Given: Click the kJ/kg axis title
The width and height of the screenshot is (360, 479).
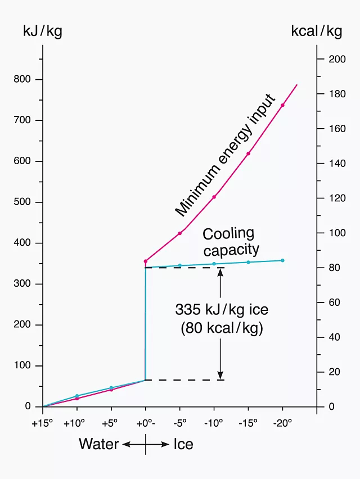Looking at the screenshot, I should click(x=42, y=31).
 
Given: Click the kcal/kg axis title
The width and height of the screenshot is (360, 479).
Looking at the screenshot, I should click(x=316, y=31).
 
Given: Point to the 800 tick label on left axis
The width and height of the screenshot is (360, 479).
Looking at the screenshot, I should click(x=24, y=79).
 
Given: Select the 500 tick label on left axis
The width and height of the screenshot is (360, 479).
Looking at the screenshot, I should click(x=24, y=202).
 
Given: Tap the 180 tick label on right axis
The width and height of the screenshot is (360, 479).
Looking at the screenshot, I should click(x=334, y=94).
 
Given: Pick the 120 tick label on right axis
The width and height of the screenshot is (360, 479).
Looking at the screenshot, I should click(x=334, y=198).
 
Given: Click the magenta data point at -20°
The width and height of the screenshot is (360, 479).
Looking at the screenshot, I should click(x=282, y=105).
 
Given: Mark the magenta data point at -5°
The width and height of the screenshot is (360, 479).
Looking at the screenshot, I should click(x=180, y=233).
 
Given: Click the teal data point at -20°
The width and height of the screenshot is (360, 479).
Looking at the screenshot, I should click(x=282, y=260).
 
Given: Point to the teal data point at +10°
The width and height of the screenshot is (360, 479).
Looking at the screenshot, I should click(x=77, y=396).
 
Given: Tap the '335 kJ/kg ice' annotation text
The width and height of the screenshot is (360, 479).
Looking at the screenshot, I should click(x=221, y=310).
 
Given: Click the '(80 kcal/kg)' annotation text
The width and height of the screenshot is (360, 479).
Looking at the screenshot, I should click(x=222, y=328).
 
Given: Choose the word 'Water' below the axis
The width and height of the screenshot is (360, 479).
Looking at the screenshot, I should click(x=98, y=444).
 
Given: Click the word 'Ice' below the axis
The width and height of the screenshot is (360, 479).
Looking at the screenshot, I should click(x=183, y=444).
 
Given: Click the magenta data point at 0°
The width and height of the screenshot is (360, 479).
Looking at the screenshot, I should click(x=146, y=261).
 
